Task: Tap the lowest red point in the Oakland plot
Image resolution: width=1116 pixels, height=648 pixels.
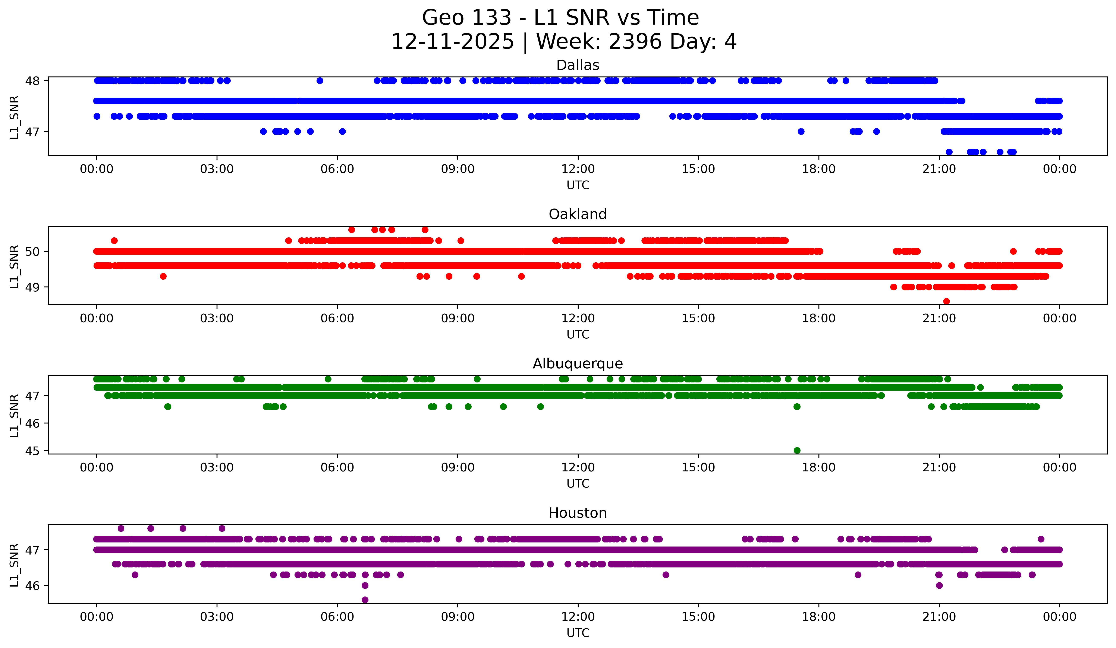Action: tap(946, 301)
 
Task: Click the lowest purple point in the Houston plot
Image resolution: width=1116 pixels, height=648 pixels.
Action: tap(365, 600)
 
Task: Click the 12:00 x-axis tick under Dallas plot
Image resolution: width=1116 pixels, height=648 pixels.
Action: tap(578, 169)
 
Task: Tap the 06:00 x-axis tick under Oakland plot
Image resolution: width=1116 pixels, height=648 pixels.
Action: tap(337, 318)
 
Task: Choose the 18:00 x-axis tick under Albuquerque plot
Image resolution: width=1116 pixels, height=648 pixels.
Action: tap(818, 467)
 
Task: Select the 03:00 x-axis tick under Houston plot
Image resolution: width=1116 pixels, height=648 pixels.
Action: tap(217, 617)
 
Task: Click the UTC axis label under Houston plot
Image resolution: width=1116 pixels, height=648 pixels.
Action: tap(578, 633)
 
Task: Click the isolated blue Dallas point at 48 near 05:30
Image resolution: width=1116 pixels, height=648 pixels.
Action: tap(320, 81)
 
